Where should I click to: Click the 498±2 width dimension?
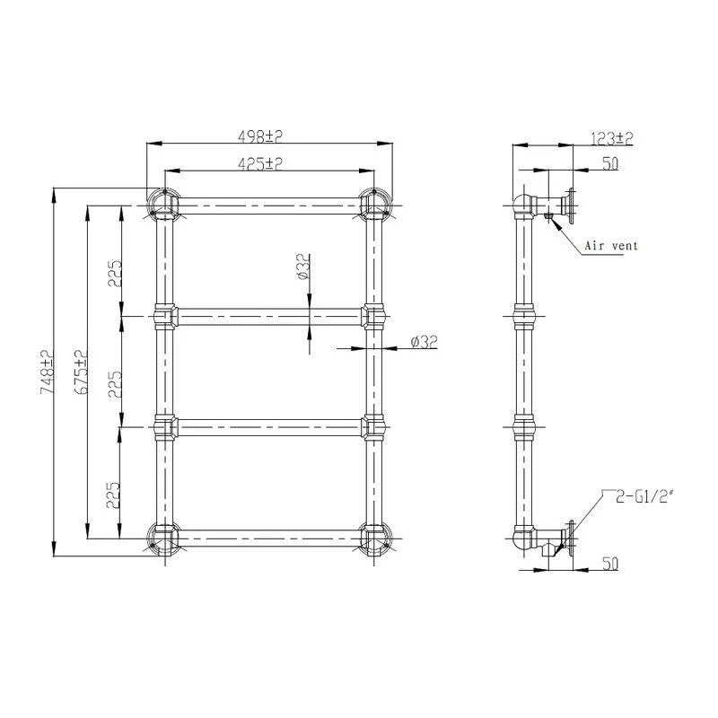coord(260,136)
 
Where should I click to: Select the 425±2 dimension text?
coord(260,163)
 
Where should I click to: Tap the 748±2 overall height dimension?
coord(47,372)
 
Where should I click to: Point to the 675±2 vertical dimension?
coord(81,372)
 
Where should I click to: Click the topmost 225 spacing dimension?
coord(115,274)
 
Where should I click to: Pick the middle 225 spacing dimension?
coord(115,384)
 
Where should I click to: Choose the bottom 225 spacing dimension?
coord(114,495)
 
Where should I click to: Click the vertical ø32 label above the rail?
coord(303,267)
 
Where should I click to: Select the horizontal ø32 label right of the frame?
coord(424,342)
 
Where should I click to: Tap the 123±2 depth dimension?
coord(612,138)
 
